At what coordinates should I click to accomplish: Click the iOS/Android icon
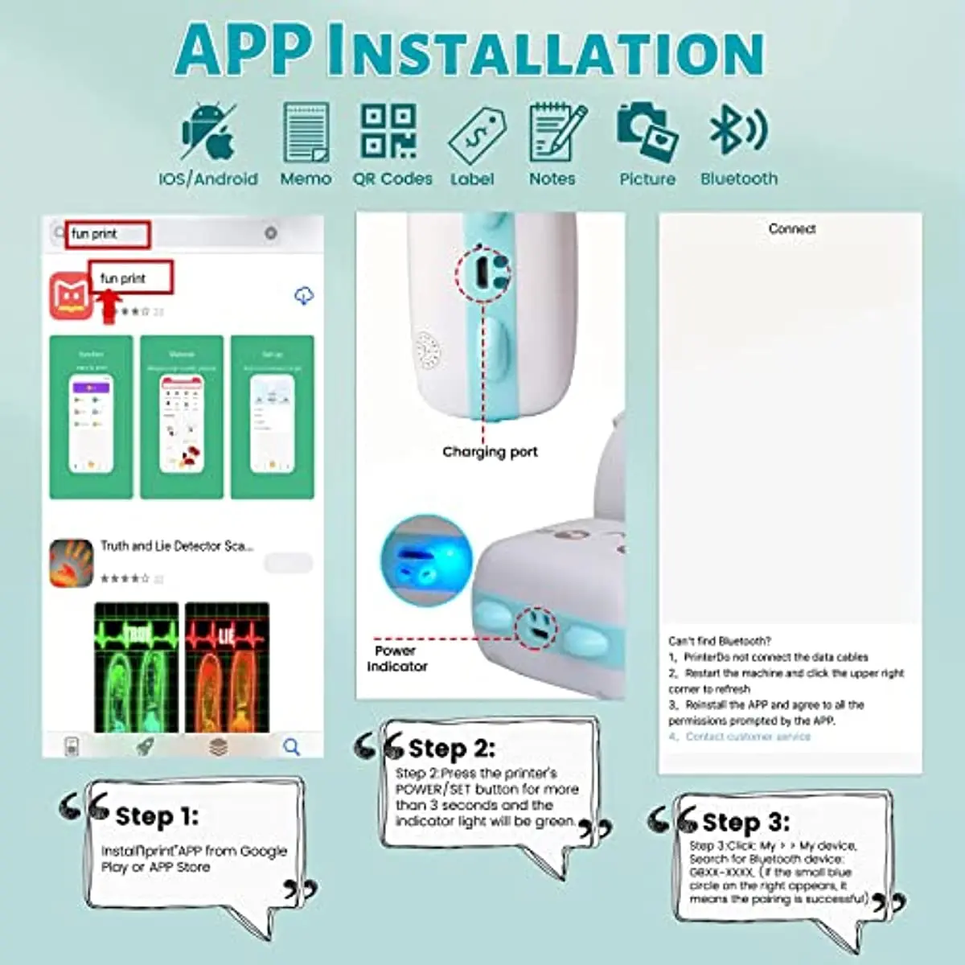coord(208,131)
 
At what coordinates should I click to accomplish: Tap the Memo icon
coord(306,132)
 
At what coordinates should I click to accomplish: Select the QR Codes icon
coord(389,131)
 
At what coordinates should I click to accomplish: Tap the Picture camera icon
coord(647,131)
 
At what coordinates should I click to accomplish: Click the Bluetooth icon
coord(737,129)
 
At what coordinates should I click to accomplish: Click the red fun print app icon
coord(71,295)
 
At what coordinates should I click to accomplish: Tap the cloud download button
coord(303,296)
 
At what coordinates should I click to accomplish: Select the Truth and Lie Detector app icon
coord(71,562)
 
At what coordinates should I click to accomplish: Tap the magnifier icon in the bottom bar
coord(291,747)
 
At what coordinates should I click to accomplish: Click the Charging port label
coord(490,452)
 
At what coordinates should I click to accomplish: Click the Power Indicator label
coord(396,658)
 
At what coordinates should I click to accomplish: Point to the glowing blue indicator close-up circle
coord(424,558)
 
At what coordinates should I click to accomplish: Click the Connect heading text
coord(791,229)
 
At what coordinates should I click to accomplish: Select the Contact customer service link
coord(747,737)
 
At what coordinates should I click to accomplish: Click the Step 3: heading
coord(745,822)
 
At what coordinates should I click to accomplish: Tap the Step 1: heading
coord(156,816)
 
